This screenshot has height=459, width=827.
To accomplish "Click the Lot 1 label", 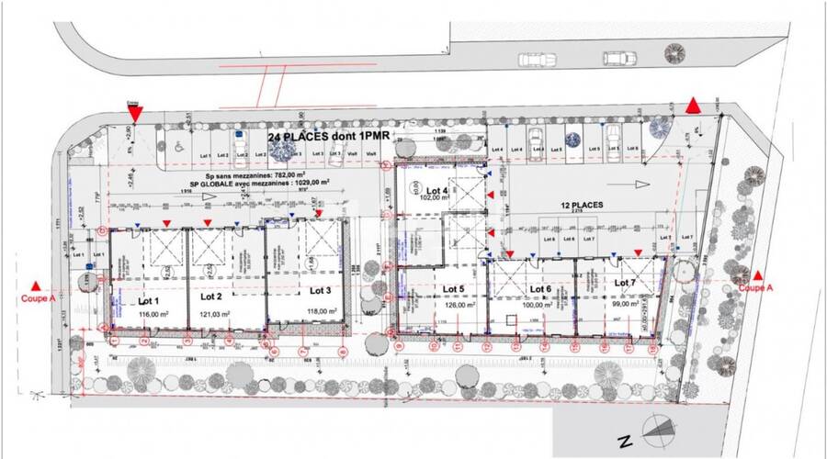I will [x=149, y=300].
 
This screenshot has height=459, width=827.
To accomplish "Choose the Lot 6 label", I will [x=538, y=288].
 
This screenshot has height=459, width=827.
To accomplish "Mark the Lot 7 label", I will [x=625, y=283].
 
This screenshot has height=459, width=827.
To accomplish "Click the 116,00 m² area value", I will [x=149, y=313].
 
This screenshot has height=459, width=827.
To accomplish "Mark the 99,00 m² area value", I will [x=625, y=302].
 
